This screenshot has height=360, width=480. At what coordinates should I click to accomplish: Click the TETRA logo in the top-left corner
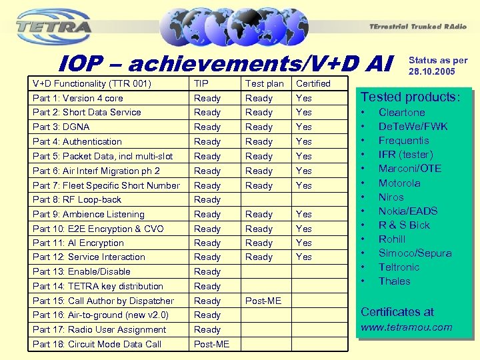pyautogui.click(x=54, y=26)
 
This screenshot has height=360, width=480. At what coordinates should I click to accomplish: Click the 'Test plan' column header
pyautogui.click(x=264, y=83)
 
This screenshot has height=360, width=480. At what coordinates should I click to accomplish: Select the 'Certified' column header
pyautogui.click(x=313, y=83)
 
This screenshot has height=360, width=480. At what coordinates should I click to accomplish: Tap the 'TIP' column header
pyautogui.click(x=201, y=83)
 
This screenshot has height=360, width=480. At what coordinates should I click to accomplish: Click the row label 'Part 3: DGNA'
pyautogui.click(x=61, y=127)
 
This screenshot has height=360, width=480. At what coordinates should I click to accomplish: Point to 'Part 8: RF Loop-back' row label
pyautogui.click(x=77, y=199)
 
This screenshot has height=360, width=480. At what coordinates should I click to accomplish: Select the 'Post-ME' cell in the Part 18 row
pyautogui.click(x=211, y=344)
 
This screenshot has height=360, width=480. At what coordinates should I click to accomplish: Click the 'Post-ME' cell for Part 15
pyautogui.click(x=263, y=301)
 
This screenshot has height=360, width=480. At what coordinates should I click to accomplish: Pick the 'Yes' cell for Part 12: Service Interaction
pyautogui.click(x=304, y=257)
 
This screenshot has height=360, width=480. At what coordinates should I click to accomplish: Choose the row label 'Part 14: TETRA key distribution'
pyautogui.click(x=97, y=286)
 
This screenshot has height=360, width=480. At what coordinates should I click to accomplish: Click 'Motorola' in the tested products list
pyautogui.click(x=399, y=183)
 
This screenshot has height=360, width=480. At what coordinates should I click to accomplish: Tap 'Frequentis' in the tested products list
pyautogui.click(x=403, y=141)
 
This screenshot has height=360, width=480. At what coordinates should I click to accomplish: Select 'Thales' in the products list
pyautogui.click(x=394, y=281)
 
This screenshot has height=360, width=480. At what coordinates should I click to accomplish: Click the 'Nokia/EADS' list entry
pyautogui.click(x=408, y=211)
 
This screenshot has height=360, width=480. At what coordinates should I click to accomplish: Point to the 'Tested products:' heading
pyautogui.click(x=410, y=97)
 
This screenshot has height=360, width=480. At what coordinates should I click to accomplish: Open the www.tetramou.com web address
pyautogui.click(x=406, y=327)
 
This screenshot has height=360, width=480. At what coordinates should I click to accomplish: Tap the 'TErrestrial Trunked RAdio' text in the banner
pyautogui.click(x=415, y=27)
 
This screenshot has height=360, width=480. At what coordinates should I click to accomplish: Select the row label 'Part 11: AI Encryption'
pyautogui.click(x=78, y=243)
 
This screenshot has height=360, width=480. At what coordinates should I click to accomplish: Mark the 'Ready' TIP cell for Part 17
pyautogui.click(x=207, y=329)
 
